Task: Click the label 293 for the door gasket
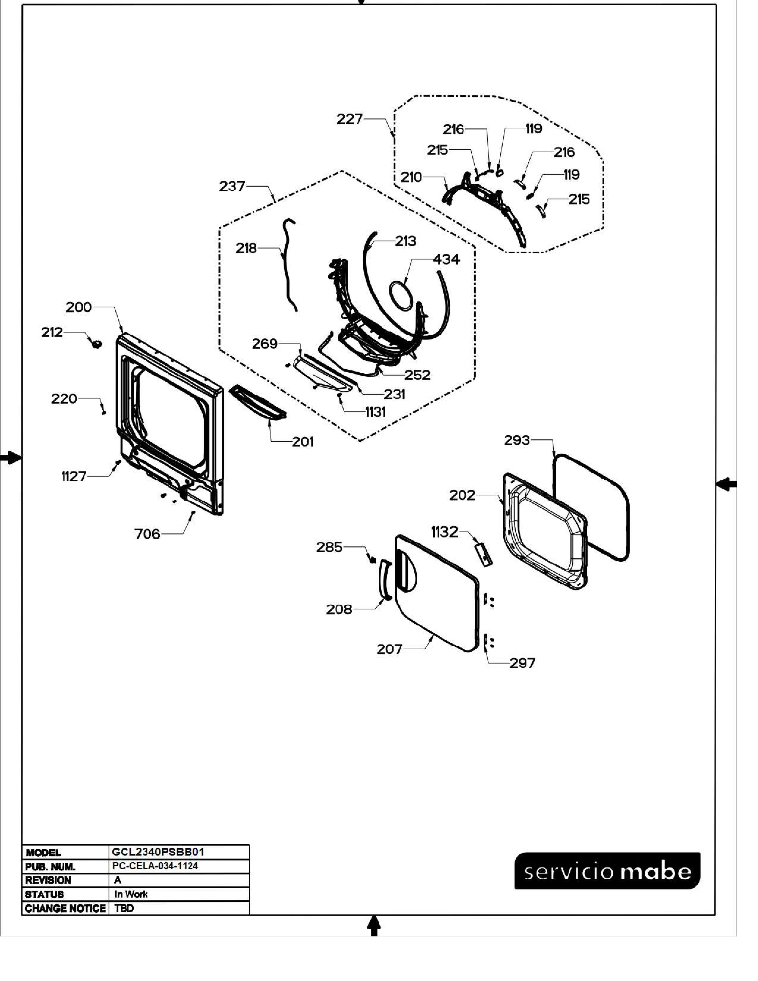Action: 517,440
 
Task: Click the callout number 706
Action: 147,534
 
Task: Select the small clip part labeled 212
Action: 96,344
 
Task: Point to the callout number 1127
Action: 74,476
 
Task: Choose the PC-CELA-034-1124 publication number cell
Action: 155,866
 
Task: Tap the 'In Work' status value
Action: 131,894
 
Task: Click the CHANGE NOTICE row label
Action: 65,908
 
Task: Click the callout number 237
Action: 232,186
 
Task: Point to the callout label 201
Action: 303,442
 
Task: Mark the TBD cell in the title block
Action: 124,908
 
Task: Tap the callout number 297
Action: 522,663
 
